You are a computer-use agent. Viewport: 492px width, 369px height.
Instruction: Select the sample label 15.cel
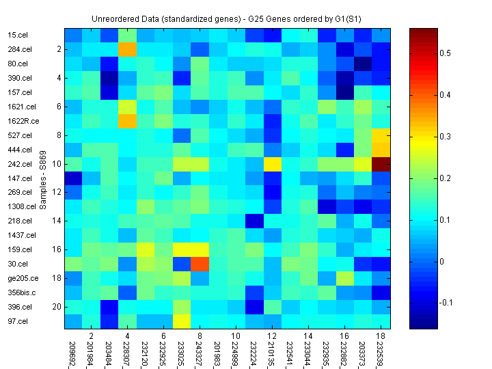18,35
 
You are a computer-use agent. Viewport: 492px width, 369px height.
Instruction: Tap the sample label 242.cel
19,164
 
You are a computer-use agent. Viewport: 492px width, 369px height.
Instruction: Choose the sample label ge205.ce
21,278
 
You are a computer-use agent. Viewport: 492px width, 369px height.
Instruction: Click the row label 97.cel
18,321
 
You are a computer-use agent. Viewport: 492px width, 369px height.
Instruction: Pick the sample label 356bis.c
21,292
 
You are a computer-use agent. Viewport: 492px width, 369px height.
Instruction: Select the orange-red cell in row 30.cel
200,264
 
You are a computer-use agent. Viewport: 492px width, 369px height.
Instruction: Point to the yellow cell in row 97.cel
182,322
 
